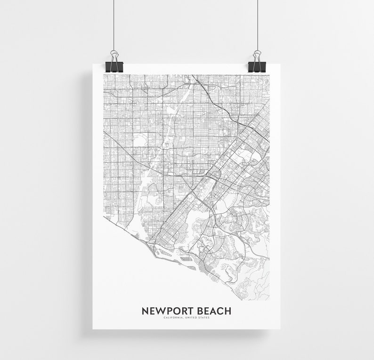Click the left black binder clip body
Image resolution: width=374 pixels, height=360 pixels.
click(x=114, y=66)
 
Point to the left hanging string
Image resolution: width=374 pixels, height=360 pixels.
click(x=114, y=24)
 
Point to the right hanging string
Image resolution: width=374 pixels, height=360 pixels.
click(x=258, y=24)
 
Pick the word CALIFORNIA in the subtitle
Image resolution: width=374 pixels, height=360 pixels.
click(x=173, y=318)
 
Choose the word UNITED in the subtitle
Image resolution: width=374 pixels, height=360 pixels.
click(x=192, y=318)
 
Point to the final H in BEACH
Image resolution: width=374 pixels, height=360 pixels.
click(x=228, y=311)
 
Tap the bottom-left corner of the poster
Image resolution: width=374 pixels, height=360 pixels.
click(x=93, y=328)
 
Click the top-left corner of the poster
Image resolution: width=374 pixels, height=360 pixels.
click(x=93, y=64)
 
